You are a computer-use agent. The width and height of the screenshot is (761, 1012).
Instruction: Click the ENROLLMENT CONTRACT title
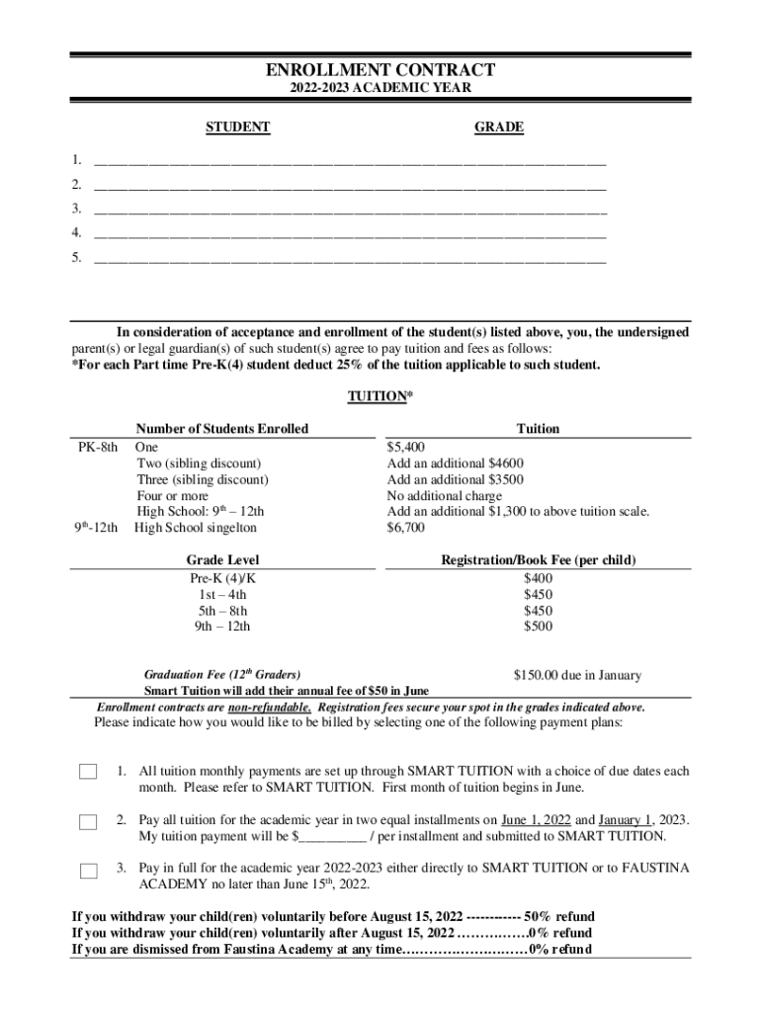[380, 70]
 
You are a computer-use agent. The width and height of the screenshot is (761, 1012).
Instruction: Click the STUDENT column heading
[237, 127]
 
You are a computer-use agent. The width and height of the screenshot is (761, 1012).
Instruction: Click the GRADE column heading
[499, 127]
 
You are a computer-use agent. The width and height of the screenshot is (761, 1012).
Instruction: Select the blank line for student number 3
[350, 209]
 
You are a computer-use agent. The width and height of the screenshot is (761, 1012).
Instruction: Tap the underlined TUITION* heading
[380, 396]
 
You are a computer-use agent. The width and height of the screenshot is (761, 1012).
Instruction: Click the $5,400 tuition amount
[406, 447]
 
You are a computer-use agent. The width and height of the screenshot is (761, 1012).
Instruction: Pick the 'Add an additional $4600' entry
[456, 464]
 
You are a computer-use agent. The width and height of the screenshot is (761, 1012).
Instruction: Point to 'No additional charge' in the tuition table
[445, 496]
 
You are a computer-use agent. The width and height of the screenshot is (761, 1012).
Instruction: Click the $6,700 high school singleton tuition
[406, 528]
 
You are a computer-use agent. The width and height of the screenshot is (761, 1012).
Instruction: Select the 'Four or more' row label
[172, 496]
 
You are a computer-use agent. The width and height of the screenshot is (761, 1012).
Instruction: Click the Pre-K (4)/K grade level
[222, 578]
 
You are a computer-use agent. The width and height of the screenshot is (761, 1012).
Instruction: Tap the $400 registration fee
[538, 578]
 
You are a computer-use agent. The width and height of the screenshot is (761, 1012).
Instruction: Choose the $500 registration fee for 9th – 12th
[538, 627]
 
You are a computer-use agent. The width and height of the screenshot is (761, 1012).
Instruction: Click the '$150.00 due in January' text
[577, 676]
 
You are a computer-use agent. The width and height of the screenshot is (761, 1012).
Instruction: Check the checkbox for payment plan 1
[89, 772]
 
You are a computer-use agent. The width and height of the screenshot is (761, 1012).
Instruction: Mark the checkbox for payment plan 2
[89, 821]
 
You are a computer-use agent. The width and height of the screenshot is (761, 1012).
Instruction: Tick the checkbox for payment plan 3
[89, 871]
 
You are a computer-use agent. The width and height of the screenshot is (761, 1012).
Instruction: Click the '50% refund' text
[559, 917]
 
